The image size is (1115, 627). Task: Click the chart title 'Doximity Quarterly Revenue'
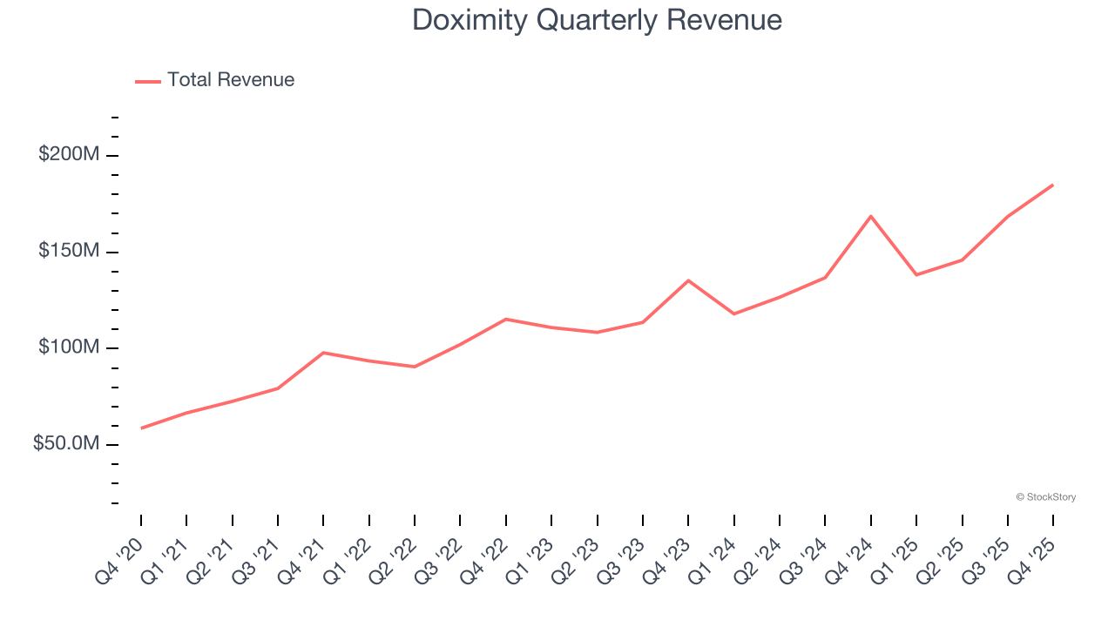point(597,19)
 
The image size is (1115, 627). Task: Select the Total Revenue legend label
point(231,80)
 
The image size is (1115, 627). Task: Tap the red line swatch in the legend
point(148,81)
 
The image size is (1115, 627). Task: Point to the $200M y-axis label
point(69,155)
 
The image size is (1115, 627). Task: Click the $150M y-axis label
point(69,252)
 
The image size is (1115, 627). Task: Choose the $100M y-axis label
point(69,348)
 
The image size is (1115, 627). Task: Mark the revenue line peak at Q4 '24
point(871,216)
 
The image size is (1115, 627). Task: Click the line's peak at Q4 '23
point(688,280)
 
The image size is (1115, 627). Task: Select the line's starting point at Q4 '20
point(141,428)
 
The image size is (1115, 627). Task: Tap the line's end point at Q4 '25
point(1053,185)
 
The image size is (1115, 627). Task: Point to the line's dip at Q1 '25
point(916,274)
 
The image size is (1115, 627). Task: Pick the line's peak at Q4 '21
point(323,353)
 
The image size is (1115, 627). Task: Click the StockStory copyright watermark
point(1045,497)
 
